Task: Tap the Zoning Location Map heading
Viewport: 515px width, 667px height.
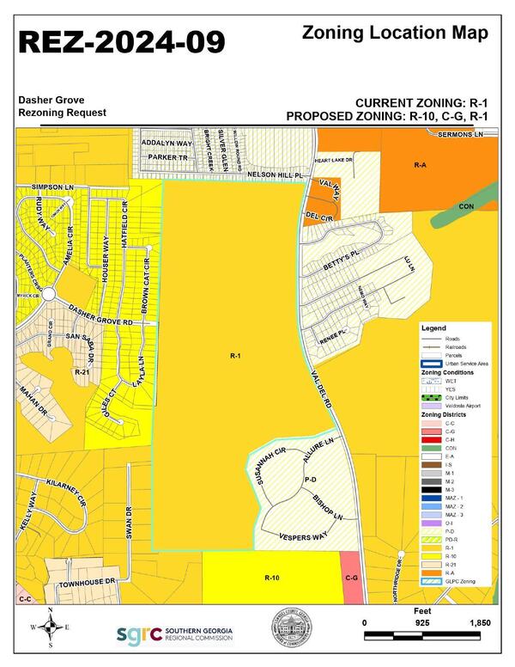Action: point(396,34)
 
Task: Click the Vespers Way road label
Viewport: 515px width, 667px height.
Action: point(304,535)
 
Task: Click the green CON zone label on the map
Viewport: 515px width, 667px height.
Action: point(466,206)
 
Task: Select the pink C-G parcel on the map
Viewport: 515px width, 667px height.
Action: point(349,578)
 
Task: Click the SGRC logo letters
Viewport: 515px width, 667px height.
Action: point(138,634)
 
